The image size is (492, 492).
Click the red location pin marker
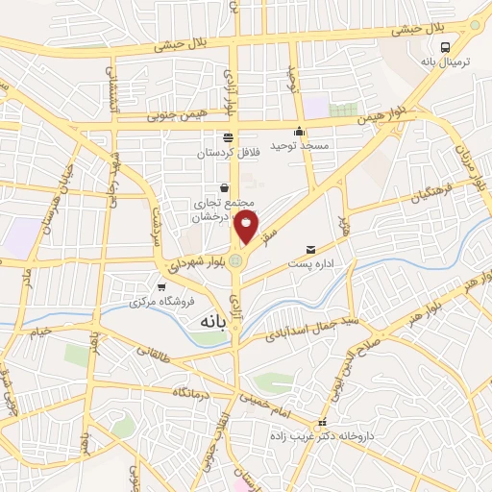pos(247,227)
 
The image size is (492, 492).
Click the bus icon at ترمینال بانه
pos(445,46)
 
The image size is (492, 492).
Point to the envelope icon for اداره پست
pos(308,249)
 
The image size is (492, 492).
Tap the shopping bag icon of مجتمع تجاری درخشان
pos(224,188)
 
